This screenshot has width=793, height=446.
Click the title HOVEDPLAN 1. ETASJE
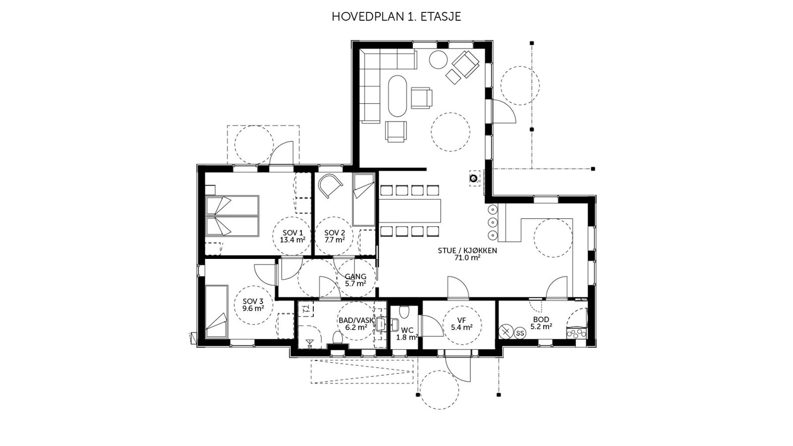(396, 17)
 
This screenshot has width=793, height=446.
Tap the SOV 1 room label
(293, 236)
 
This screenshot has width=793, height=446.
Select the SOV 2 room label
(335, 236)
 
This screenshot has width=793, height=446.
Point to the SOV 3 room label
(253, 305)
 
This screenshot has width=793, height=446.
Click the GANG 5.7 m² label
(355, 280)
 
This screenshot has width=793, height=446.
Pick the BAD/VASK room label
(356, 324)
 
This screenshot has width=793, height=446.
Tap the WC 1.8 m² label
(407, 334)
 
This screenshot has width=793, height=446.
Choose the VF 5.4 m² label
(461, 324)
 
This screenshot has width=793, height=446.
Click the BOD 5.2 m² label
(541, 323)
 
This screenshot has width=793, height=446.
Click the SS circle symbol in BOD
(520, 333)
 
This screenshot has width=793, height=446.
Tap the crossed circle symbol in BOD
(506, 331)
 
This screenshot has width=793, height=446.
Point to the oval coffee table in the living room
(397, 96)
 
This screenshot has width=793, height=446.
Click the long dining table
(410, 211)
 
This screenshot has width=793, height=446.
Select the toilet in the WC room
(404, 312)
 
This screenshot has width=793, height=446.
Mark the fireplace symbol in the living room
(474, 179)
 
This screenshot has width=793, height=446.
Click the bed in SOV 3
(216, 312)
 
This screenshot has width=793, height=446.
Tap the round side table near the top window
(439, 60)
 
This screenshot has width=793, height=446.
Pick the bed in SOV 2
(364, 199)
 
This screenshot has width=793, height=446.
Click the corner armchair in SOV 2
(330, 185)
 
